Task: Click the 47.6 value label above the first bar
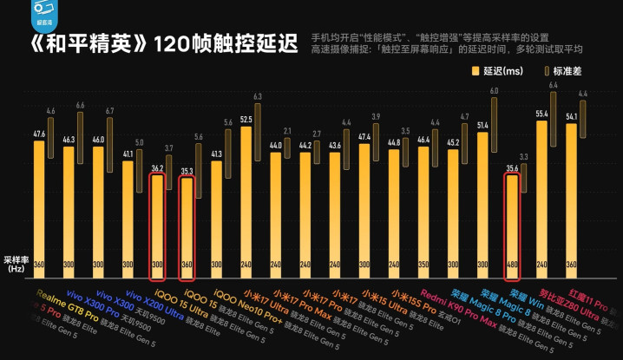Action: pyautogui.click(x=39, y=134)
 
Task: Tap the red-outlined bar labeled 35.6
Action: pyautogui.click(x=512, y=227)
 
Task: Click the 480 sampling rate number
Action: pyautogui.click(x=512, y=265)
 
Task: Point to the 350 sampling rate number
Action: pyautogui.click(x=423, y=265)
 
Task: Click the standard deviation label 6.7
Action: pyautogui.click(x=109, y=110)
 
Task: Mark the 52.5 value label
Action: pyautogui.click(x=246, y=119)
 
